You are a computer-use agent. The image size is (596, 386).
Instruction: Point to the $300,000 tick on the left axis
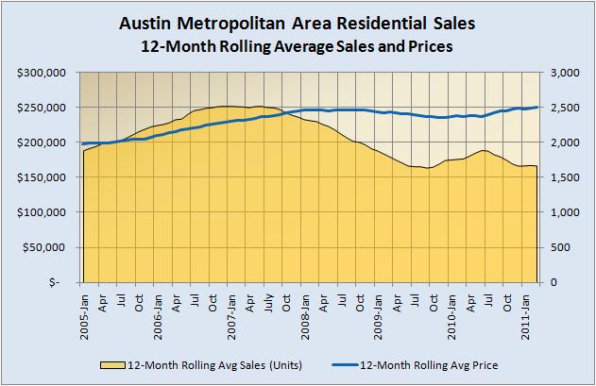point(41,73)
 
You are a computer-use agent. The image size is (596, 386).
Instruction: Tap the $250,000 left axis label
point(41,108)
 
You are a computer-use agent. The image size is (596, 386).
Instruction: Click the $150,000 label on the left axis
point(41,177)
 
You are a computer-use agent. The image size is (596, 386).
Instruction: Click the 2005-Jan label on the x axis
point(84,309)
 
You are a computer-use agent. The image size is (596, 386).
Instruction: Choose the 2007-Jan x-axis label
point(232,309)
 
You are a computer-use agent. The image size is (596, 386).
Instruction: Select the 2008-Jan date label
point(306,309)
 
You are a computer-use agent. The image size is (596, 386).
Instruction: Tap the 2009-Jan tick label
point(379,309)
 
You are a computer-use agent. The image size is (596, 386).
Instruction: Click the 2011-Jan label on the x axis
point(526,309)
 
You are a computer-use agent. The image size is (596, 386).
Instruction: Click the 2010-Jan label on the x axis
point(452,309)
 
